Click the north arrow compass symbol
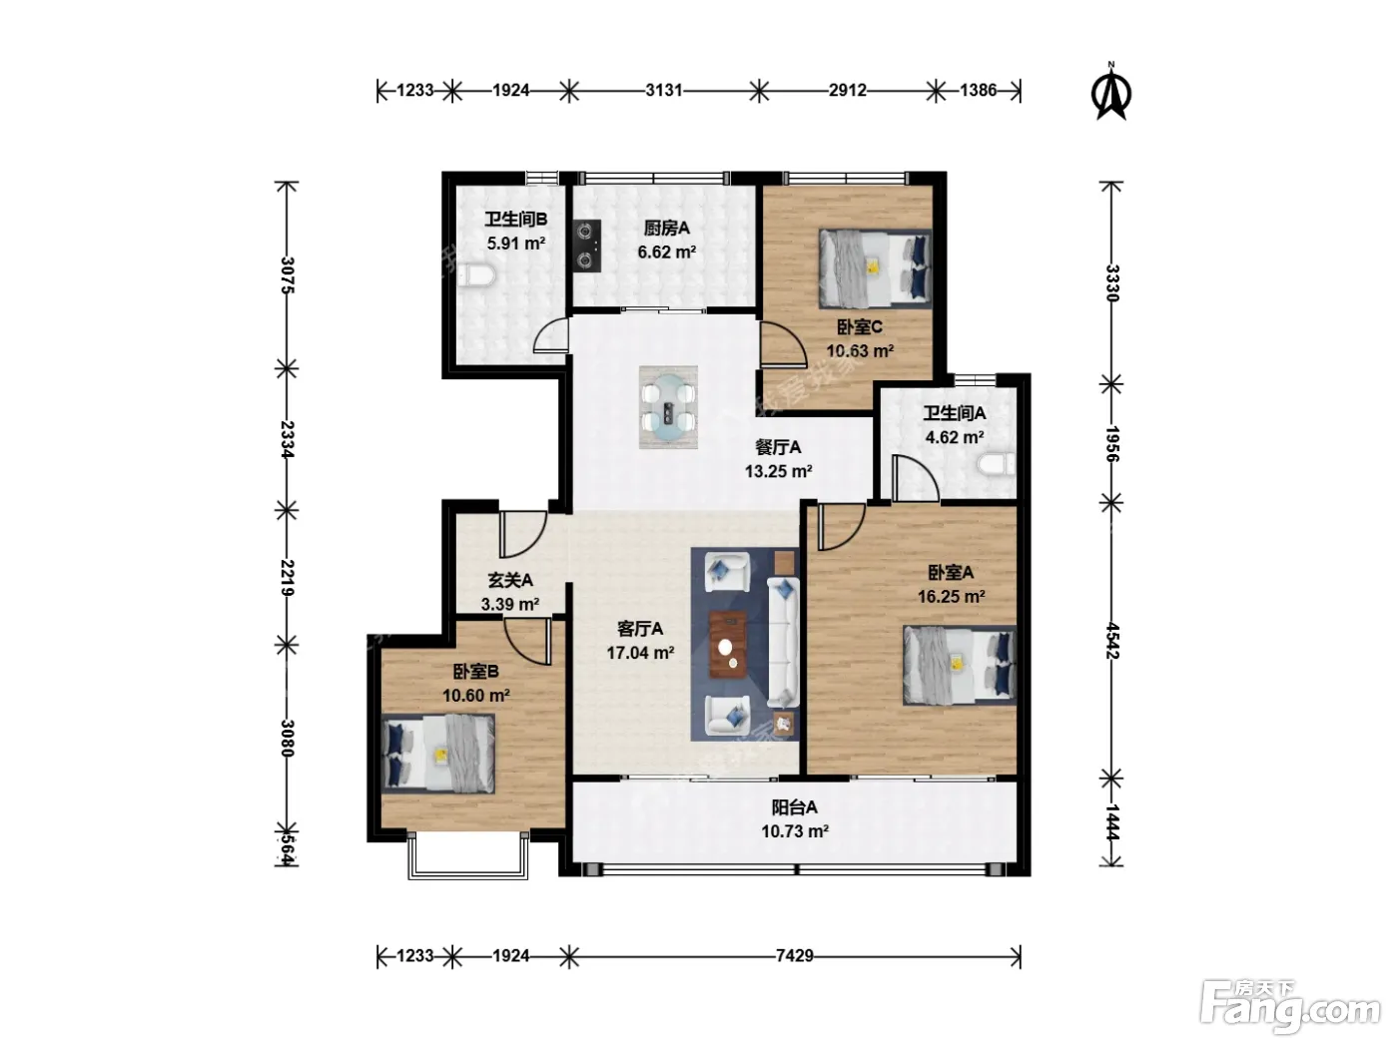point(1111,91)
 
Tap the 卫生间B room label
point(516,220)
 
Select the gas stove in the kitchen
point(587,246)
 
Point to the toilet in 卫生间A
point(997,465)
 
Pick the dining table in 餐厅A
point(668,407)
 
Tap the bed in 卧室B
point(437,754)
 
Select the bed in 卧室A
point(960,666)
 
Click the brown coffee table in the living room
point(728,644)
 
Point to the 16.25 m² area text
point(951,596)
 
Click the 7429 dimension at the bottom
point(794,956)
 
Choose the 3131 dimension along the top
point(664,91)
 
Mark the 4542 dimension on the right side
point(1112,641)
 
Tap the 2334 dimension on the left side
point(288,439)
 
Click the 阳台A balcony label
point(794,807)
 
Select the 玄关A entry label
point(510,580)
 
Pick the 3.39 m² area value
point(510,604)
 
